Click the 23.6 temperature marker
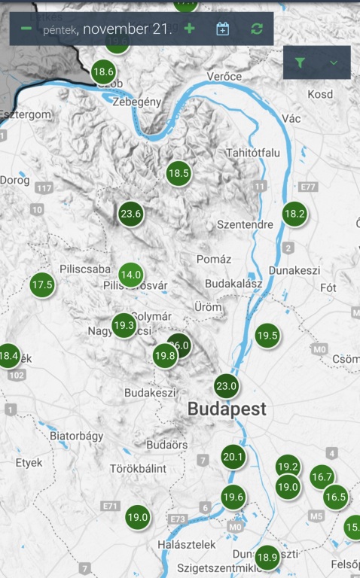click(x=131, y=214)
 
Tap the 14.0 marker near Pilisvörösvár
click(x=131, y=275)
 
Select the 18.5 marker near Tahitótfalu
click(x=178, y=173)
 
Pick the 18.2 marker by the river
click(x=294, y=214)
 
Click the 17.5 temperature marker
click(x=42, y=284)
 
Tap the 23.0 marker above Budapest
click(x=227, y=386)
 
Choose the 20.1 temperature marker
click(x=233, y=457)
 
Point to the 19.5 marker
click(x=267, y=336)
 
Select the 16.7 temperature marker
click(x=322, y=476)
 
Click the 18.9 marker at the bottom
click(x=267, y=558)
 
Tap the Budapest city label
click(x=227, y=409)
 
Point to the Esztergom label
click(x=26, y=114)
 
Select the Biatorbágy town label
click(x=75, y=436)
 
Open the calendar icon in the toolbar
click(x=222, y=29)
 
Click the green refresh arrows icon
click(x=258, y=29)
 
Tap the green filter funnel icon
click(x=301, y=63)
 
